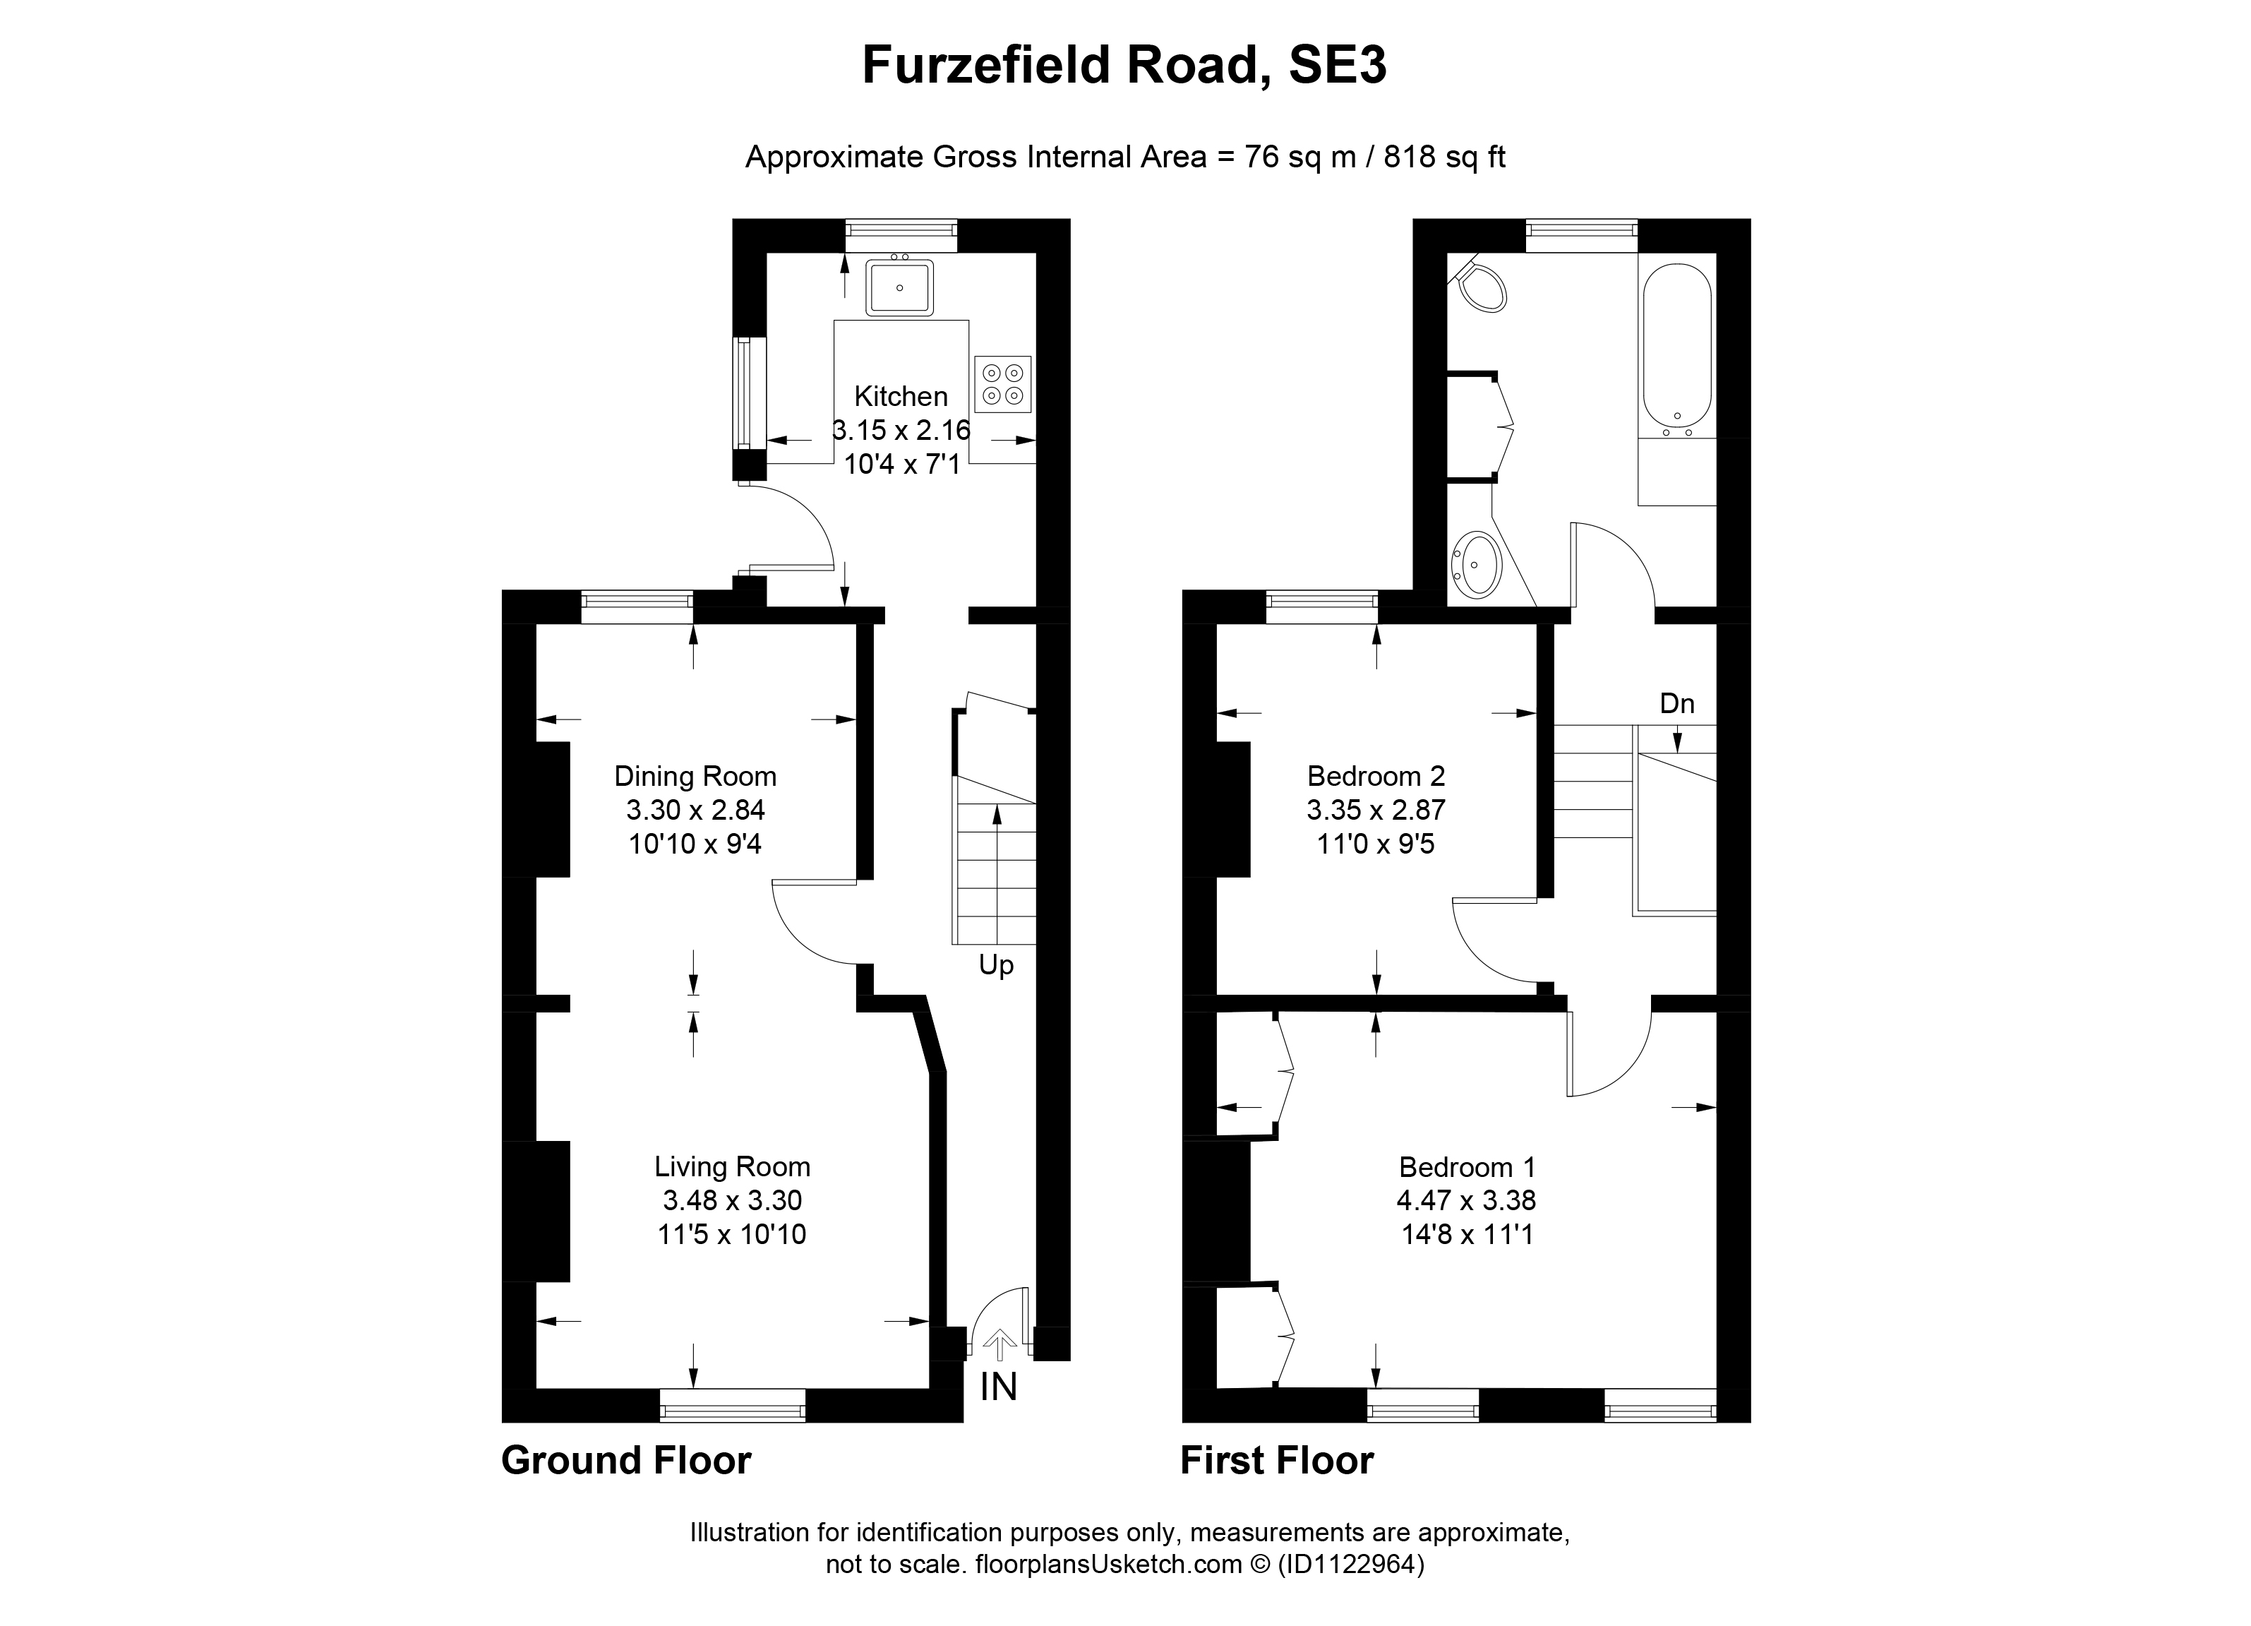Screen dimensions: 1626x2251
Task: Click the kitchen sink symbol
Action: tap(899, 288)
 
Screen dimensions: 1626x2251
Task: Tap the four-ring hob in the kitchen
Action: tap(1002, 384)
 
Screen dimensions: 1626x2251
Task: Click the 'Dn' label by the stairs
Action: tap(1676, 704)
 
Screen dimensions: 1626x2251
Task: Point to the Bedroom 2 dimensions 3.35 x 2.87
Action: tap(1376, 810)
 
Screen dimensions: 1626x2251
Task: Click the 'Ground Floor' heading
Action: tap(625, 1460)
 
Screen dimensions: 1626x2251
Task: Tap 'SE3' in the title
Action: tap(1337, 66)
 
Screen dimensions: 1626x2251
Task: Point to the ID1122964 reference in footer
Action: tap(1351, 1565)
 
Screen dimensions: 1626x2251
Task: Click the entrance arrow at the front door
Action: tap(1000, 1346)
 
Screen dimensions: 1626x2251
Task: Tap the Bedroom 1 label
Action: tap(1467, 1166)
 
